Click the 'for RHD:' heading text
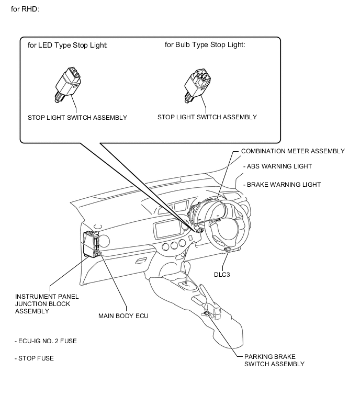tap(25, 9)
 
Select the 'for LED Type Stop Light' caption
tap(67, 45)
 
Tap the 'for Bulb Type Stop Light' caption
tap(205, 44)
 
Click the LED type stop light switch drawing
tap(68, 84)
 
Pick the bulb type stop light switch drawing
tap(197, 85)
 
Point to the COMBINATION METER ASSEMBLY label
tap(292, 151)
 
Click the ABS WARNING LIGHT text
tap(277, 166)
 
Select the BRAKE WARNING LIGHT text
tap(282, 185)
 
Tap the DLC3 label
tap(222, 275)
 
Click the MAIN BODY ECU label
tap(123, 316)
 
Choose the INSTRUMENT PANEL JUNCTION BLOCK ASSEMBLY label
tap(47, 304)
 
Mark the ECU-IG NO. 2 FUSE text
tap(46, 341)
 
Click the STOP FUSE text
tap(34, 358)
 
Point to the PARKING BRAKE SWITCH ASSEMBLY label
tap(274, 360)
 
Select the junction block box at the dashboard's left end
tap(91, 244)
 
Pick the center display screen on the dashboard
tap(167, 229)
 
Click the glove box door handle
tap(142, 261)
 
